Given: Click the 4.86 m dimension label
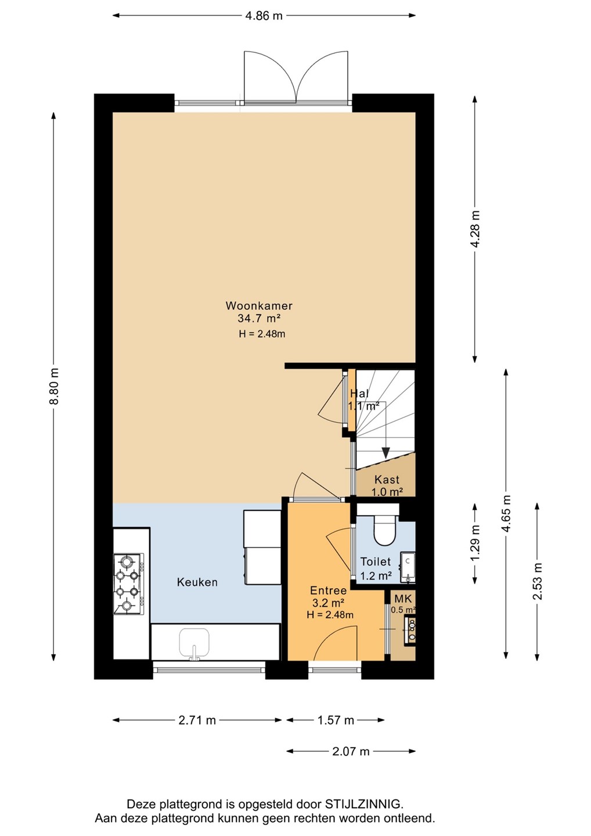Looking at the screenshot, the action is point(264,16).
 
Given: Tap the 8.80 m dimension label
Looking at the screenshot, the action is point(55,386).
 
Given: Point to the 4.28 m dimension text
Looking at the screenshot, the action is point(475,228).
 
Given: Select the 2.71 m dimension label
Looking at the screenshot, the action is point(197,720).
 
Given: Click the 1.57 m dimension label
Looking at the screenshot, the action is point(336,720).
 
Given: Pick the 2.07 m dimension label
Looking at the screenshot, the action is point(351,751).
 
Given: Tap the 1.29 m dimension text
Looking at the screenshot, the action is point(475,543).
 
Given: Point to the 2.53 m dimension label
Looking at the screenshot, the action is point(537,581).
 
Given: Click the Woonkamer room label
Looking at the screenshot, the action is point(259,305).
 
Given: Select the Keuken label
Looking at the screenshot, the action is point(197,582).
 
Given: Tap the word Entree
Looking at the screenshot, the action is point(329,590).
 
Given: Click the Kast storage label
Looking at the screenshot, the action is point(387,479).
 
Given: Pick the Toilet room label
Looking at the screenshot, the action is point(376,561).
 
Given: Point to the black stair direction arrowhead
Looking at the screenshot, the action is point(386,452).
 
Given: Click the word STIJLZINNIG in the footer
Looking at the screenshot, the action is point(364,803).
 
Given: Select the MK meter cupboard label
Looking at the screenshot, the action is point(403,599).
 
